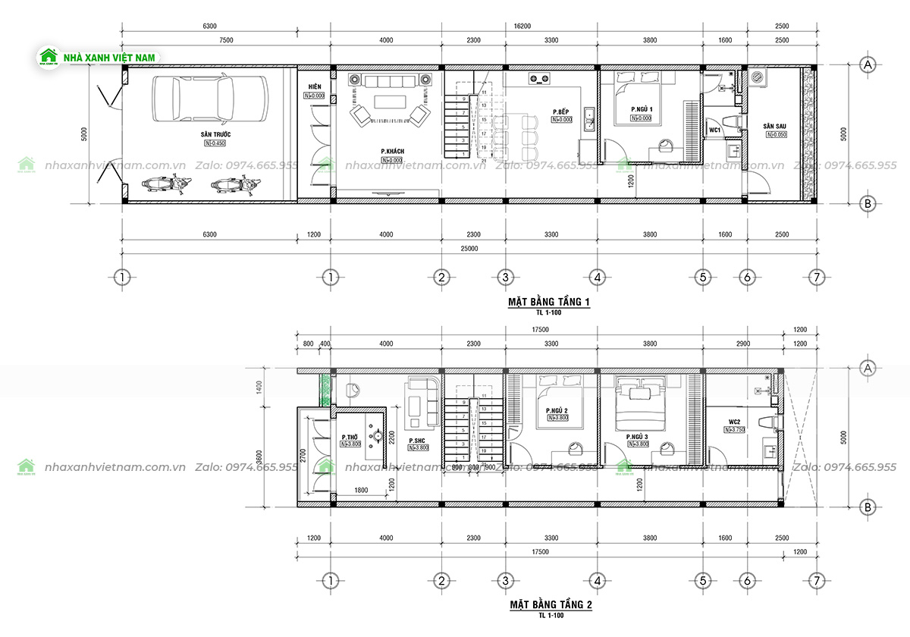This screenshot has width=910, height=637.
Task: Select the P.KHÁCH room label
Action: coord(392,152)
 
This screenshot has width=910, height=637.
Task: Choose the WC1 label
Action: coord(714,130)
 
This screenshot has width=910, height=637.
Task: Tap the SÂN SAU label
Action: coord(776,126)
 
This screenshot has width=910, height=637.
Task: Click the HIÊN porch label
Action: coord(315,87)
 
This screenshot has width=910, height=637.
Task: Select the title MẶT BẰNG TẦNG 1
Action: coord(549,303)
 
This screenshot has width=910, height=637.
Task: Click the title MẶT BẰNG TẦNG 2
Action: coord(551,605)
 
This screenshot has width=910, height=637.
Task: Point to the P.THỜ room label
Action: coord(350,438)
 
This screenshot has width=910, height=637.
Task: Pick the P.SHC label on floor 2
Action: coord(417,441)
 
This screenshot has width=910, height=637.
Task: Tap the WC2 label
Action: coord(734,422)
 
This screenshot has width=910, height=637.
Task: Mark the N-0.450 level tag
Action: coord(215,143)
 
